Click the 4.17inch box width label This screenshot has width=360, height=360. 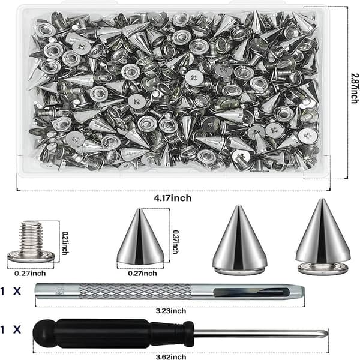(x=172, y=198)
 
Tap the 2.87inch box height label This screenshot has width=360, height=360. (x=355, y=88)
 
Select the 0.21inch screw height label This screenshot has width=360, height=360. (x=65, y=242)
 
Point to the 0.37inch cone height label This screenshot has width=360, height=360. (x=176, y=242)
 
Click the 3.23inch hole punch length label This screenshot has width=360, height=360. (x=171, y=311)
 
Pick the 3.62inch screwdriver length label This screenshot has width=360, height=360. (x=171, y=357)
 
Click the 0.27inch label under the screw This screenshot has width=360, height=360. (x=30, y=273)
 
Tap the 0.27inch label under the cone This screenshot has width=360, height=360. (x=143, y=273)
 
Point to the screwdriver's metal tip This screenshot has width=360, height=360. (x=326, y=333)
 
